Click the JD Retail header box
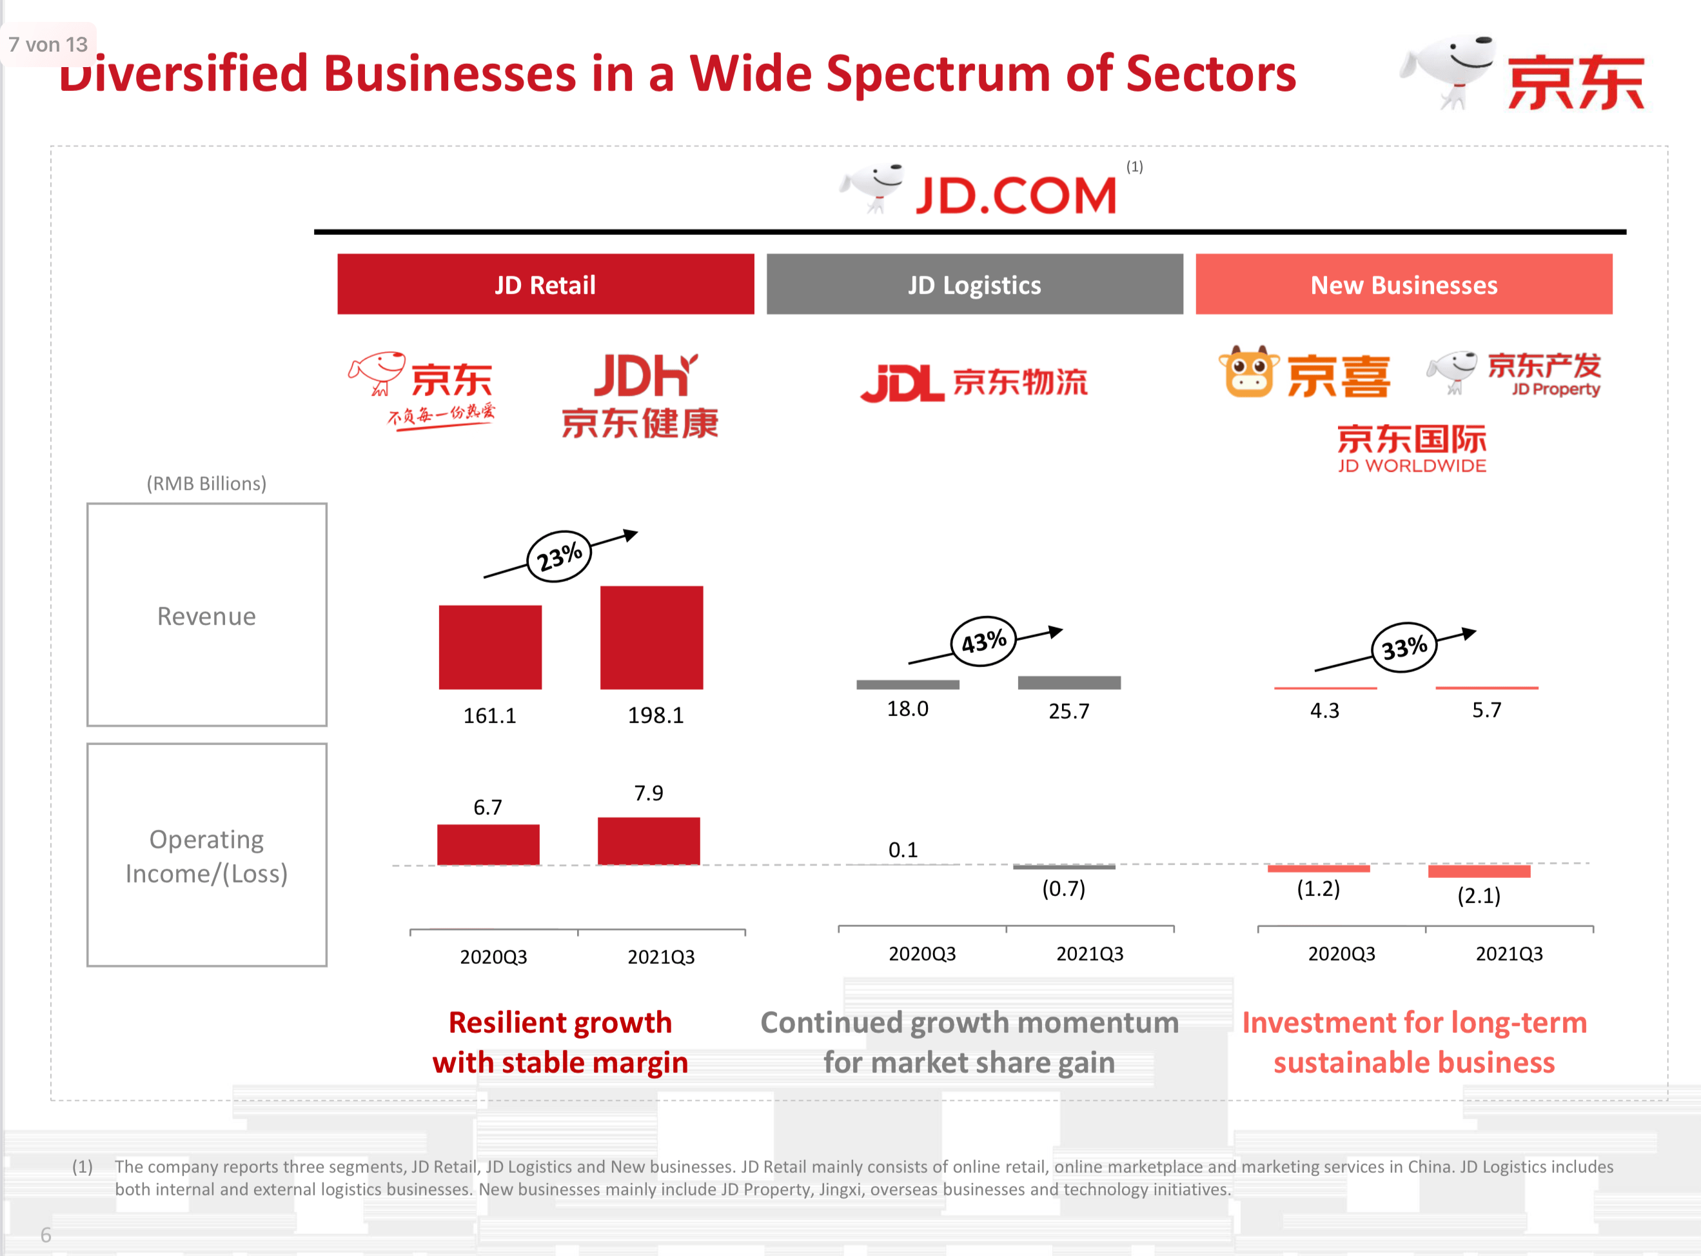click(545, 284)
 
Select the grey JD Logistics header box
click(974, 284)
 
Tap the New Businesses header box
click(1403, 284)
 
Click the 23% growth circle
click(560, 557)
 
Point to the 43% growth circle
click(983, 642)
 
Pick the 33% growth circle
click(1404, 648)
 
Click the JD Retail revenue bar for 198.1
click(651, 637)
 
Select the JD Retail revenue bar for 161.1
click(490, 647)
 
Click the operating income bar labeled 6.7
click(488, 844)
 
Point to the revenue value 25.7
click(1068, 711)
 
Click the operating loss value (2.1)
click(1479, 895)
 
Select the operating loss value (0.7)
click(1063, 888)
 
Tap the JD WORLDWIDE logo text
click(1411, 465)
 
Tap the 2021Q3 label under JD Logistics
click(1089, 953)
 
